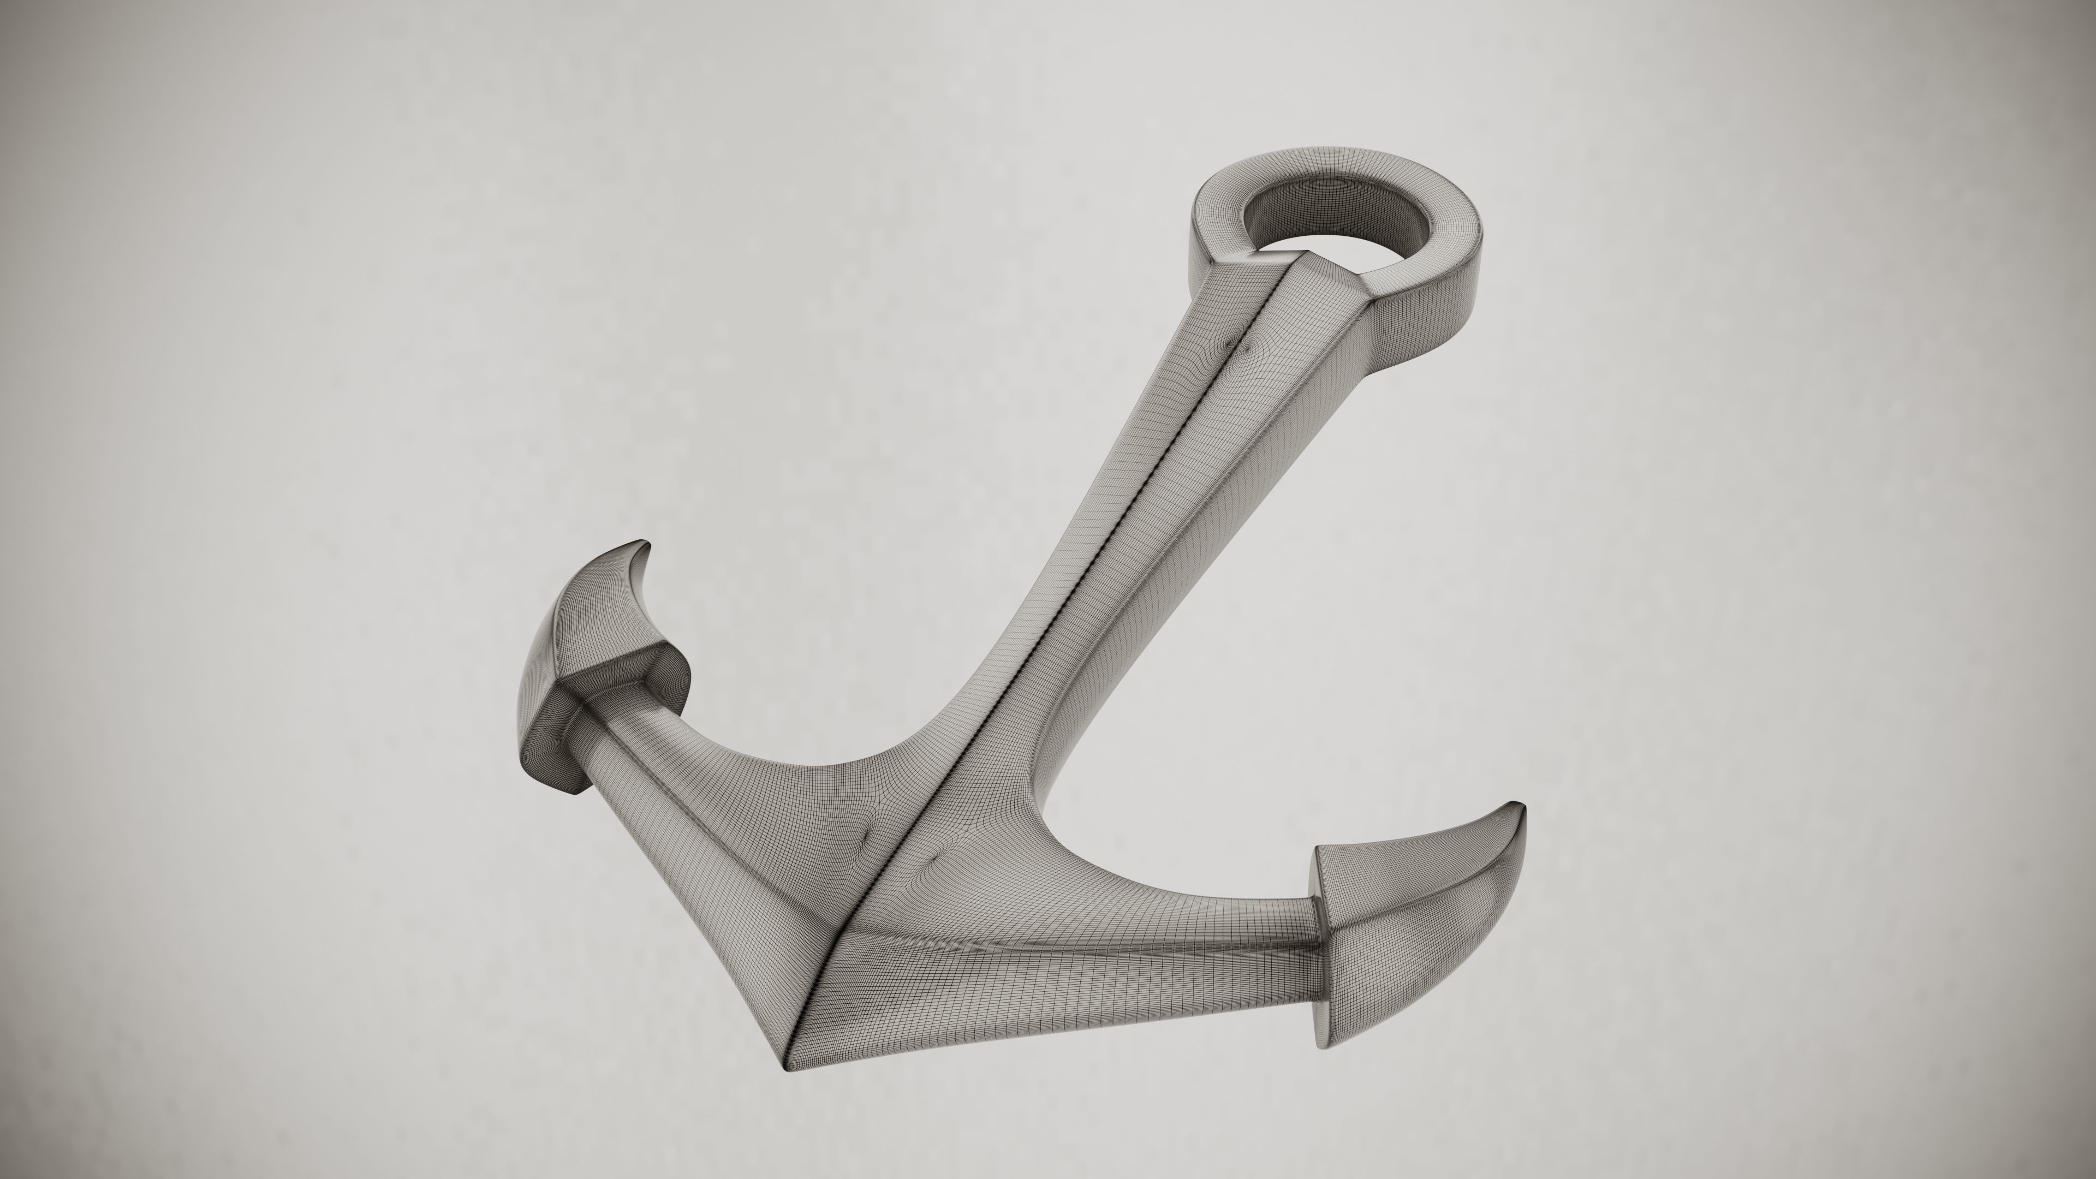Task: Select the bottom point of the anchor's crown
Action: click(786, 1091)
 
